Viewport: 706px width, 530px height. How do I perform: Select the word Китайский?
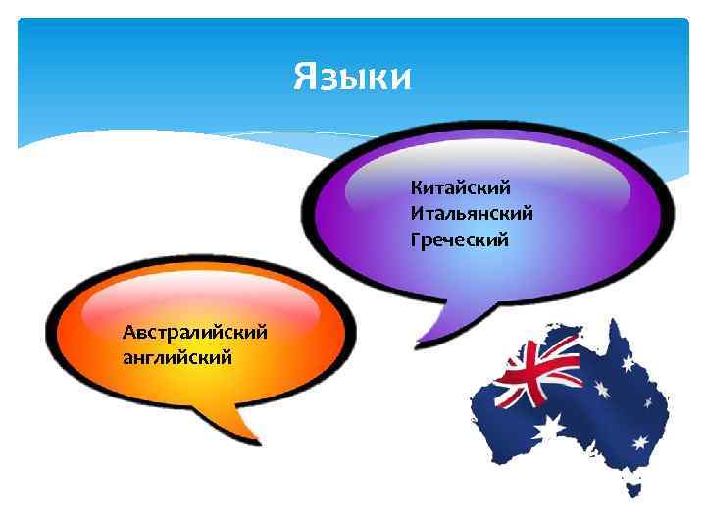click(x=461, y=186)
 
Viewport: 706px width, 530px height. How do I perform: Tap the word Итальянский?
click(x=473, y=213)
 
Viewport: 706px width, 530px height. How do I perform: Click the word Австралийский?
click(x=195, y=332)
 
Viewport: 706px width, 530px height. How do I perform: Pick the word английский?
click(x=177, y=357)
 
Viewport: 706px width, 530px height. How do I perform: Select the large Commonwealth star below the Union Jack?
click(x=549, y=427)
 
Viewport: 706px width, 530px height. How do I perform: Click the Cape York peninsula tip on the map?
click(x=615, y=324)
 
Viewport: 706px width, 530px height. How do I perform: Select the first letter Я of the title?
click(x=305, y=76)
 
